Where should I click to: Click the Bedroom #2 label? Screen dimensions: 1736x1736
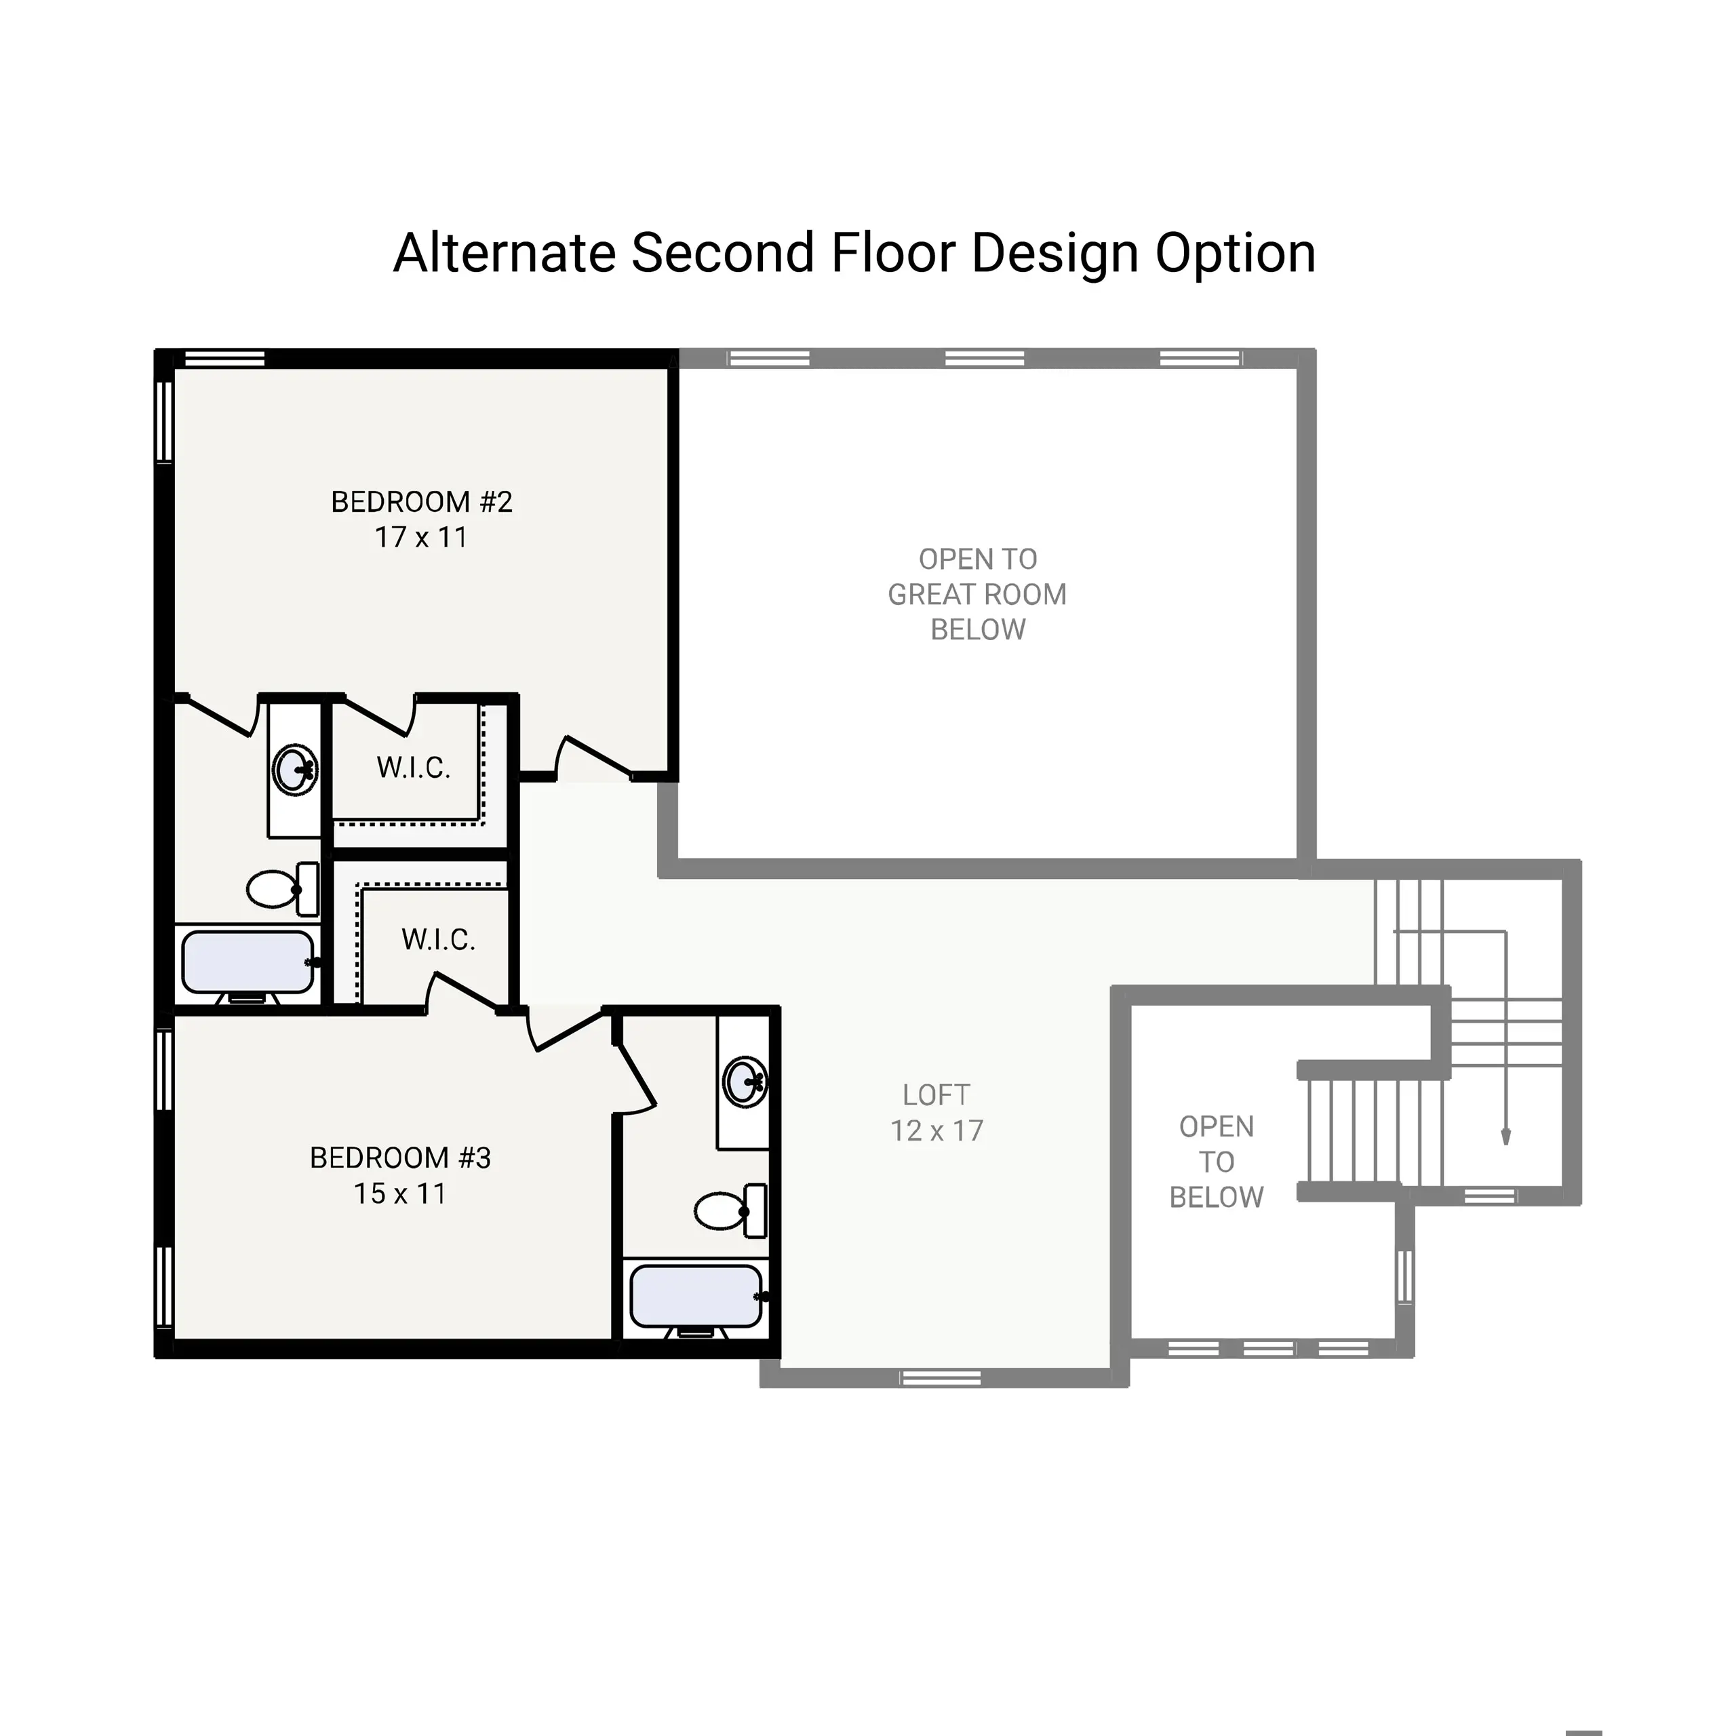[421, 501]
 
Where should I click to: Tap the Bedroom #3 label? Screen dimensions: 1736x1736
[400, 1158]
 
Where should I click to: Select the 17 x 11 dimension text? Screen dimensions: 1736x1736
[421, 537]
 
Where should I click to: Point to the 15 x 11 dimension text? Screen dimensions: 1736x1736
[400, 1193]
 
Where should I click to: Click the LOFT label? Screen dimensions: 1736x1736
[936, 1094]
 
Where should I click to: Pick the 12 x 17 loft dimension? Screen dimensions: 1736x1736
[936, 1130]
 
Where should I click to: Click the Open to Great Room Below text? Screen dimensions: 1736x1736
[978, 594]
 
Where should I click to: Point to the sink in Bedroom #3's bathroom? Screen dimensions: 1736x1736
[744, 1081]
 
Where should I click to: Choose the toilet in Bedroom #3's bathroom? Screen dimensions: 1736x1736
[730, 1210]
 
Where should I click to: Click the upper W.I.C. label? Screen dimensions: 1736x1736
[414, 768]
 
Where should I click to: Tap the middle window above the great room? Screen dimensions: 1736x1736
[985, 359]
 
